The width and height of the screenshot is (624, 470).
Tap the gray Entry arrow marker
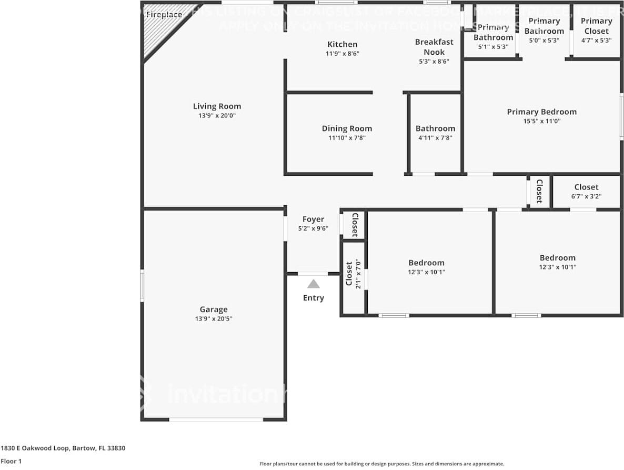[x=314, y=284]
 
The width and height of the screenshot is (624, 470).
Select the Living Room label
[x=217, y=106]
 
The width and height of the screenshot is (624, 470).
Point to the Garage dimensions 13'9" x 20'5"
[x=213, y=318]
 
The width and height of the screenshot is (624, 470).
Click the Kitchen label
[x=343, y=44]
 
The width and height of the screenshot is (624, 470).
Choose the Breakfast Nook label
[x=434, y=47]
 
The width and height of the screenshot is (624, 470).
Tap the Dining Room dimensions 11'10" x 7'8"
[x=347, y=138]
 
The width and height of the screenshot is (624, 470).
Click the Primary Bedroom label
[x=541, y=112]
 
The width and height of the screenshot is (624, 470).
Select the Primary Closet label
[x=596, y=26]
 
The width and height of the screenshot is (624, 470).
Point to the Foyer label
[x=313, y=219]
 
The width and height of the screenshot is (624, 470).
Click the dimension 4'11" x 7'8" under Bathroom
[x=435, y=138]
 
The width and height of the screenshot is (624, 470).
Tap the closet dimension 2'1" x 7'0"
[x=358, y=274]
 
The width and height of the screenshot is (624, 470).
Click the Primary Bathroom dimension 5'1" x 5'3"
[x=493, y=46]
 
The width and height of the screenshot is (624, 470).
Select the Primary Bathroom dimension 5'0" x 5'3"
[x=544, y=40]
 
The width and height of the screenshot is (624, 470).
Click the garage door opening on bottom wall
[x=216, y=419]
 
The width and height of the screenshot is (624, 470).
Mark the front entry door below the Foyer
[x=313, y=274]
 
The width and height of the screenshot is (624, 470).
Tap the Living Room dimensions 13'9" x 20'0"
[x=217, y=116]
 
